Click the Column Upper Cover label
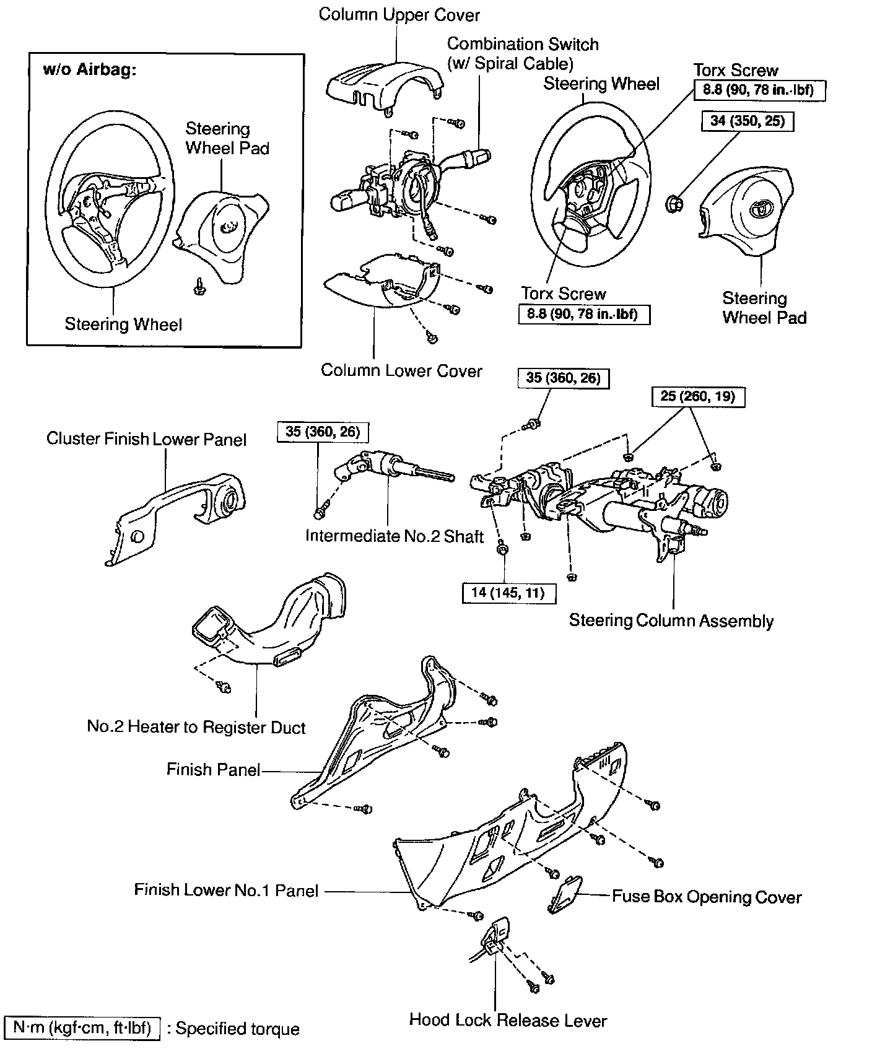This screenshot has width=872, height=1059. [399, 14]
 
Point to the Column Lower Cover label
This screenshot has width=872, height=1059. [401, 370]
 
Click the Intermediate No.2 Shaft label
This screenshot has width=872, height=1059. [394, 536]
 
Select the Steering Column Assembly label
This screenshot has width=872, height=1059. [671, 621]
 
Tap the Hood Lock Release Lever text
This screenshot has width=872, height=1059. [508, 1020]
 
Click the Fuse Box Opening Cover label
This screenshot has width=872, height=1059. [707, 897]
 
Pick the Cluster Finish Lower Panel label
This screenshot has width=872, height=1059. [146, 439]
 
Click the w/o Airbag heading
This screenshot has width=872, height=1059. [89, 69]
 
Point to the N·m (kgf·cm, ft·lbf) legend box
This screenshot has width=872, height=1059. [82, 1029]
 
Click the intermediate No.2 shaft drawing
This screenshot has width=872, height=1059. [390, 468]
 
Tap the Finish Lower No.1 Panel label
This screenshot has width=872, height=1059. [226, 891]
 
